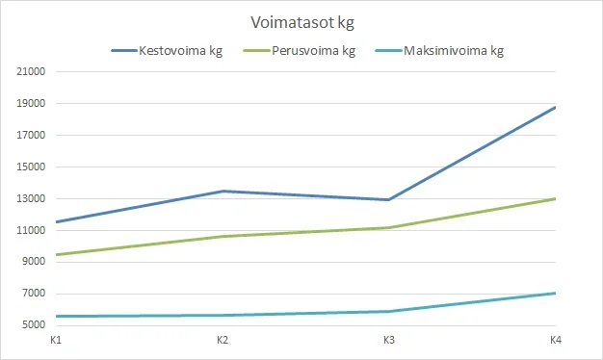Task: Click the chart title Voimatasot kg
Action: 301,21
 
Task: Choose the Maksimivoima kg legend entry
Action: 452,51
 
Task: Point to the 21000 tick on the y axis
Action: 32,72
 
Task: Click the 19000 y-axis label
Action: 32,104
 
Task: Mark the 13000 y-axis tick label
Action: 32,199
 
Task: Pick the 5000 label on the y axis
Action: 34,325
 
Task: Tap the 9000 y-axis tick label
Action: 34,262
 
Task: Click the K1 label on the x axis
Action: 56,341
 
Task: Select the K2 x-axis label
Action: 223,341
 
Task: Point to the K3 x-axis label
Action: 389,341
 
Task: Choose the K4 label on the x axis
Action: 556,341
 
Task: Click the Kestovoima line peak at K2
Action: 223,192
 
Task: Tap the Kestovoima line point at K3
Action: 389,199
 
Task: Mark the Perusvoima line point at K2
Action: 223,237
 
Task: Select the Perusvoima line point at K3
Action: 389,227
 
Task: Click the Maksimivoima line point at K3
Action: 389,311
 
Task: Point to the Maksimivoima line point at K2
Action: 223,315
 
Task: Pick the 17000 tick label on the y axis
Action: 32,136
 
